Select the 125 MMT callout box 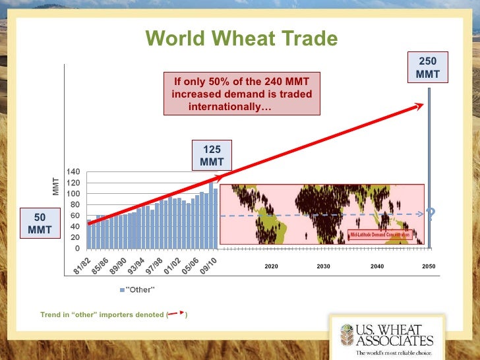[x=212, y=156]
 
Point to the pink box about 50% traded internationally [x=241, y=94]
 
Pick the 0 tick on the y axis [x=78, y=249]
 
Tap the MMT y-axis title [x=56, y=187]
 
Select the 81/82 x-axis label [x=82, y=265]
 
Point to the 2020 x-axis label [x=271, y=266]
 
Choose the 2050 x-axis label [x=429, y=266]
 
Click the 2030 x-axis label [x=323, y=266]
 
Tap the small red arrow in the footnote [x=176, y=315]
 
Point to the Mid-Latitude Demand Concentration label [x=378, y=234]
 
